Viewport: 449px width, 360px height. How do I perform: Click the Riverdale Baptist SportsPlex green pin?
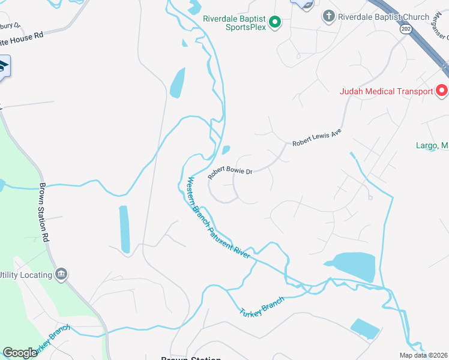[275, 23]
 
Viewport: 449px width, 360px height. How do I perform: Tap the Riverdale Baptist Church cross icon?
[328, 17]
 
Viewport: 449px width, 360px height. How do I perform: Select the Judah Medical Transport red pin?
[442, 91]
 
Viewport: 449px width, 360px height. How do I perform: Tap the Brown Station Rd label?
[44, 212]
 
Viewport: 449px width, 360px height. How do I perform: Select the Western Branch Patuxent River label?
[218, 217]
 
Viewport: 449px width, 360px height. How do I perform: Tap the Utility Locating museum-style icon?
[61, 275]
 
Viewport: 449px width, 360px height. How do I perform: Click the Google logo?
[20, 353]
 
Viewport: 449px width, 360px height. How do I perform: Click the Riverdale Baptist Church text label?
[384, 17]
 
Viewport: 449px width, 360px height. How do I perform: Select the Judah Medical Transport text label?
[386, 91]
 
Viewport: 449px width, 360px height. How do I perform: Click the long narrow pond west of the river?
[124, 229]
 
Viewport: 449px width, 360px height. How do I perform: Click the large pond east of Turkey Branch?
[354, 266]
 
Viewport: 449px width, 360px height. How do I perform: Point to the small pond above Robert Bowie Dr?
[226, 150]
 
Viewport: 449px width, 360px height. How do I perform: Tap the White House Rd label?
[22, 35]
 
